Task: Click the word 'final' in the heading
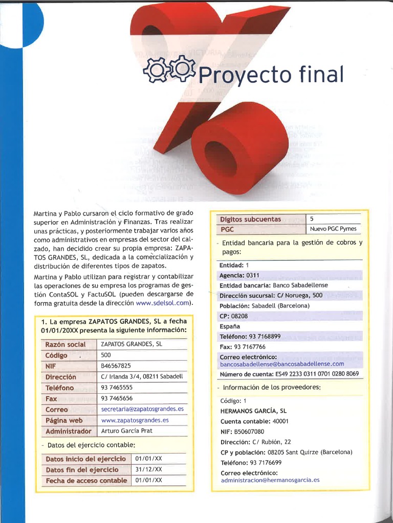click(x=320, y=74)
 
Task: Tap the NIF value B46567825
click(x=116, y=366)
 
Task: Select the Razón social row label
click(x=65, y=344)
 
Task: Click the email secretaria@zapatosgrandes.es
click(x=142, y=409)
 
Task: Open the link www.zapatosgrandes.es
click(x=135, y=420)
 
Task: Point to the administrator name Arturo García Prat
click(x=127, y=431)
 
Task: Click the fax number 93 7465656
click(x=117, y=398)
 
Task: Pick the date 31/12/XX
click(x=148, y=469)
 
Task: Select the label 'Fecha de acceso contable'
click(x=86, y=481)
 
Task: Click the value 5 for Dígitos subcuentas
click(x=312, y=219)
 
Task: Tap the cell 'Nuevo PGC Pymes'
click(x=333, y=229)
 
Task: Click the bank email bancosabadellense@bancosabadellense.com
click(x=282, y=364)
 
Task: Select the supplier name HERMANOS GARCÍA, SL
click(x=253, y=410)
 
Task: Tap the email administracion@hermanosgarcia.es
click(x=270, y=480)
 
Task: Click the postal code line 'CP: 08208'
click(x=233, y=316)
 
